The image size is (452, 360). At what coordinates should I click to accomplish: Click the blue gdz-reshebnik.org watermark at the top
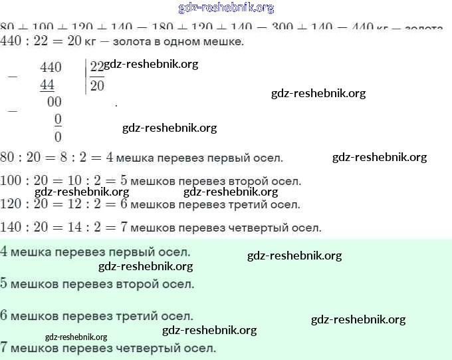226,8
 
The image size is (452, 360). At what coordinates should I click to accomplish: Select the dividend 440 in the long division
51,67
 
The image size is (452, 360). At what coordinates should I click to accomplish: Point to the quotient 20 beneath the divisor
97,86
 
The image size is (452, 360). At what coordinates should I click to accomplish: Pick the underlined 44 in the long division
47,85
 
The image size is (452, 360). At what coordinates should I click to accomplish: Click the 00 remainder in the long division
55,102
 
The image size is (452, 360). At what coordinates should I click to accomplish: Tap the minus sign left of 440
12,76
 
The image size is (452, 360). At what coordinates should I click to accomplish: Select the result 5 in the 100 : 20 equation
123,180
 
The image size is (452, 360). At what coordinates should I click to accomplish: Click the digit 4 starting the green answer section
5,252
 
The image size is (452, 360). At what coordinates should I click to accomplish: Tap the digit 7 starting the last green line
5,347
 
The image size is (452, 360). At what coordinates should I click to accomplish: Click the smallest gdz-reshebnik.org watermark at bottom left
76,337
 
